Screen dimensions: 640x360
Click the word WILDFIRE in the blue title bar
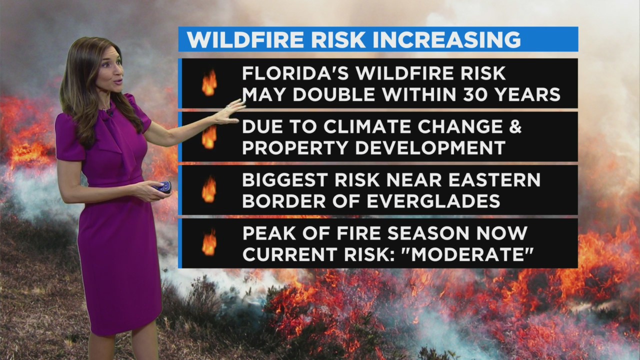(x=245, y=39)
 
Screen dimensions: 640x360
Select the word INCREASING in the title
(x=447, y=39)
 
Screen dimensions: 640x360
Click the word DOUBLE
(x=333, y=94)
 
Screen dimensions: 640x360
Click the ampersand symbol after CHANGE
(x=515, y=126)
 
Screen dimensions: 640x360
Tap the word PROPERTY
(x=295, y=147)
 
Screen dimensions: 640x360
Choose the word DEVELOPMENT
(x=430, y=147)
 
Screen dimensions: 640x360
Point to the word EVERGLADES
(x=433, y=201)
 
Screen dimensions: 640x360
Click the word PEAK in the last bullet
(x=269, y=233)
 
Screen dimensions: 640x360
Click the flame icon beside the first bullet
(x=209, y=82)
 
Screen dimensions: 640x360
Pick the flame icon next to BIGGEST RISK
(x=209, y=189)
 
